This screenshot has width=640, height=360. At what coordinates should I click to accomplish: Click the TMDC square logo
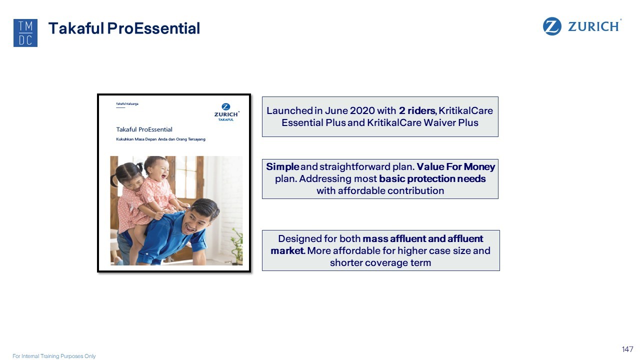click(25, 33)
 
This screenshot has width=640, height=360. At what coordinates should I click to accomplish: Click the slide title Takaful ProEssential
click(124, 28)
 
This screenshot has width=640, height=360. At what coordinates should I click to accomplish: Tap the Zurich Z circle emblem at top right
click(551, 26)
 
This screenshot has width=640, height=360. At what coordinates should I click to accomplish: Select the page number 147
click(627, 349)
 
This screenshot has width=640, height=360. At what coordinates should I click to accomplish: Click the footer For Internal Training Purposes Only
click(54, 356)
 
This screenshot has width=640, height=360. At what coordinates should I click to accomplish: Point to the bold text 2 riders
click(417, 110)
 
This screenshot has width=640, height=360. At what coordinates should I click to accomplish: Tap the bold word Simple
click(282, 167)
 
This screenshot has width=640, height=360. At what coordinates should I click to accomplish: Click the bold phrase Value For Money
click(455, 166)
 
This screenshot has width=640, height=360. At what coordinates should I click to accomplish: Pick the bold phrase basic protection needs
click(432, 179)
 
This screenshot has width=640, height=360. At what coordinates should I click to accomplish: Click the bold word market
click(287, 250)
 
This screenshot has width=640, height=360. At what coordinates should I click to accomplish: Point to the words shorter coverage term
click(380, 262)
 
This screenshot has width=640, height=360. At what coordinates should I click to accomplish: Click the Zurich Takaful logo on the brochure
click(226, 112)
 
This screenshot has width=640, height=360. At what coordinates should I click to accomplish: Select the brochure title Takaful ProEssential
click(144, 129)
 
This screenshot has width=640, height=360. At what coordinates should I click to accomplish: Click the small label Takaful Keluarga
click(127, 103)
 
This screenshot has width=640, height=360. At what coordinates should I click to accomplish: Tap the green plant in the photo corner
click(237, 245)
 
